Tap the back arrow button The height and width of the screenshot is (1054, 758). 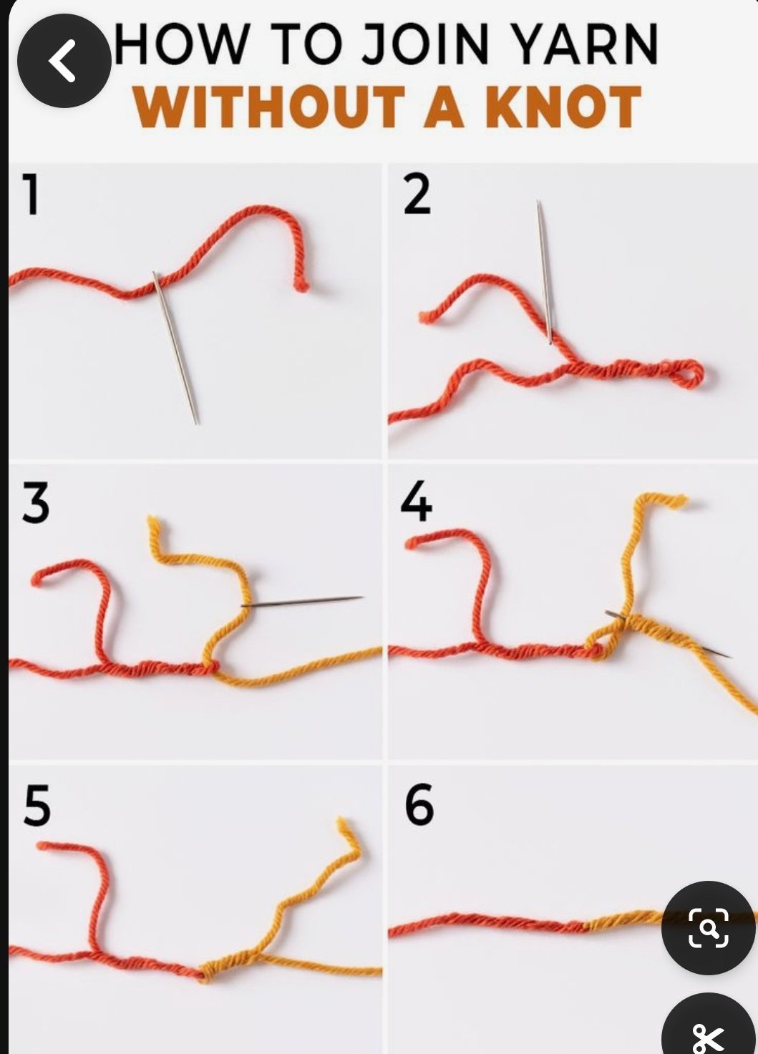(64, 61)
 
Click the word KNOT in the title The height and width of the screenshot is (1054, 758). (563, 107)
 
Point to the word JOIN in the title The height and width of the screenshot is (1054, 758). (425, 44)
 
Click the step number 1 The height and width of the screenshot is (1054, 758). (31, 194)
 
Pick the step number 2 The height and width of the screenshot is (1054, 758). (417, 194)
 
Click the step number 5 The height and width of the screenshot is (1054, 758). (37, 806)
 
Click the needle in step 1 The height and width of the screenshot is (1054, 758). (175, 348)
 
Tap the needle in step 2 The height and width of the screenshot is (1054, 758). (544, 271)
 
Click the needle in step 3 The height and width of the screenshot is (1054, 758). (302, 601)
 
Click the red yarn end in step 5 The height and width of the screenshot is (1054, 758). (44, 846)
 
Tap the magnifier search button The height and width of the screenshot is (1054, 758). (709, 927)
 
